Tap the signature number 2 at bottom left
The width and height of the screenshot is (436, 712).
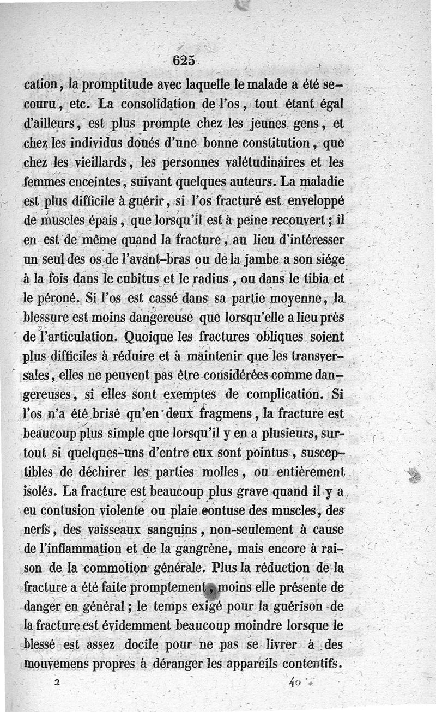(x=56, y=682)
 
